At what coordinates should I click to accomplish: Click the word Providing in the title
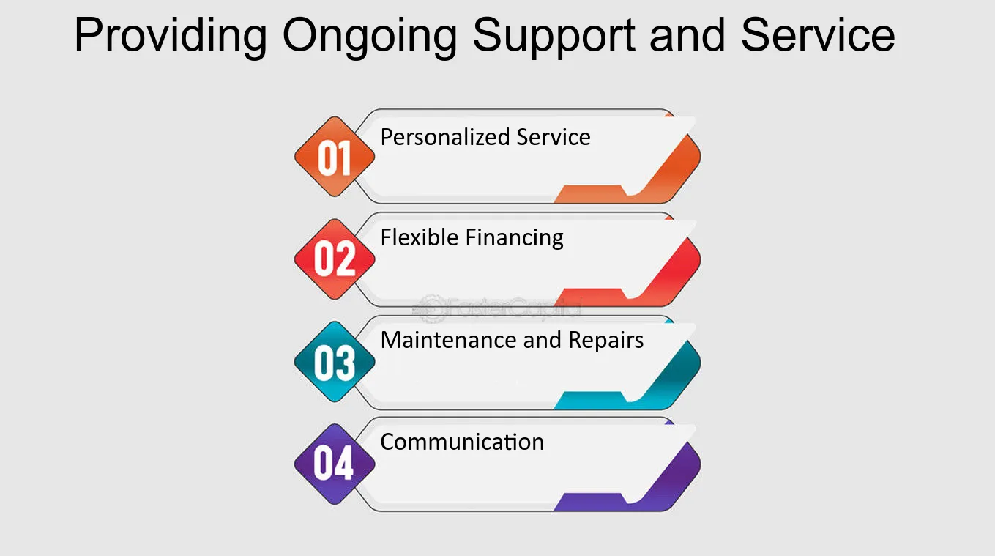point(171,37)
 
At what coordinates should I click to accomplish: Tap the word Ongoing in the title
point(370,37)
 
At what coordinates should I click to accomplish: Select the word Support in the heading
point(554,37)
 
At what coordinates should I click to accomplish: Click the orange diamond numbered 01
point(335,157)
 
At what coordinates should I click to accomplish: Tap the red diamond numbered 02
point(335,259)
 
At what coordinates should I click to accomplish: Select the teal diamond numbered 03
point(335,362)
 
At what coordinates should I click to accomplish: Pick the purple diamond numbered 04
point(335,464)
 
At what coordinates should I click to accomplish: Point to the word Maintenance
point(448,340)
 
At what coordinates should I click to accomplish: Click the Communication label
point(462,442)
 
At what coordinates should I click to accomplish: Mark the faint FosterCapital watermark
point(496,308)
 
